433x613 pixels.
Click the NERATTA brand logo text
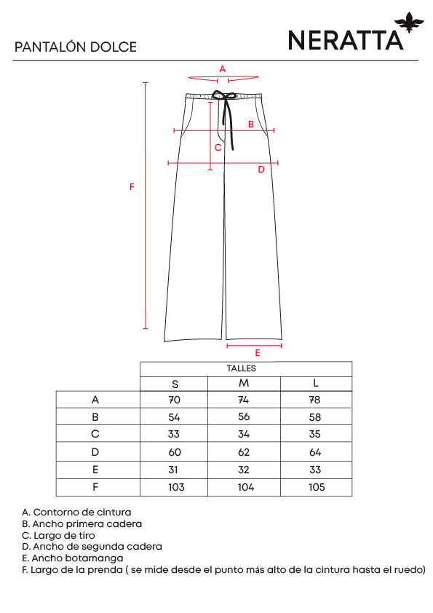coord(346,40)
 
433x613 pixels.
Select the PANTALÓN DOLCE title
coord(76,47)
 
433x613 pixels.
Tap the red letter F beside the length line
coord(132,187)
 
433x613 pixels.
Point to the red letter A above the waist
coord(223,69)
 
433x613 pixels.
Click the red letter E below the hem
coord(258,353)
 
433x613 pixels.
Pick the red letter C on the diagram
coord(218,147)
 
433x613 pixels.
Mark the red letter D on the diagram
coord(261,170)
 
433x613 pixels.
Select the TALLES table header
coord(242,368)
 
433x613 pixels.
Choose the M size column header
coord(244,383)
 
